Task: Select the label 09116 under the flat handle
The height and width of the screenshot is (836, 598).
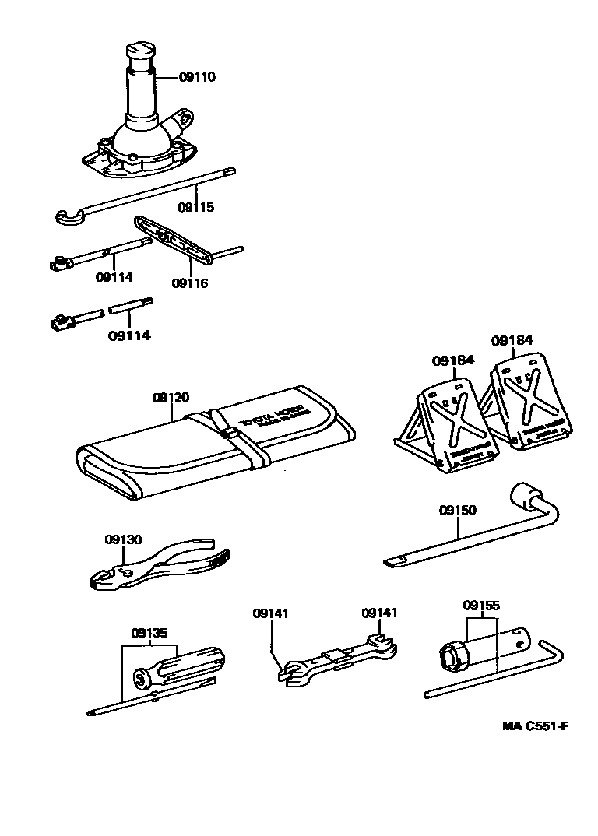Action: click(190, 283)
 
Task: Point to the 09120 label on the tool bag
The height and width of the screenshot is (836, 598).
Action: click(171, 398)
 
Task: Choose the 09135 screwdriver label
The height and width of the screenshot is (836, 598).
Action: click(149, 633)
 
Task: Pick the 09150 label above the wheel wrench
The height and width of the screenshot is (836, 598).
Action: click(457, 511)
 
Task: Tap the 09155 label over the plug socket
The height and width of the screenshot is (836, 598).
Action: click(481, 606)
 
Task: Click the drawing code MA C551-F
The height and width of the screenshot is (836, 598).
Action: click(535, 726)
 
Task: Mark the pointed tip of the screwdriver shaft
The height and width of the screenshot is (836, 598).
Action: click(90, 711)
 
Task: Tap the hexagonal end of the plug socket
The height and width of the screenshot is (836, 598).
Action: click(452, 656)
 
